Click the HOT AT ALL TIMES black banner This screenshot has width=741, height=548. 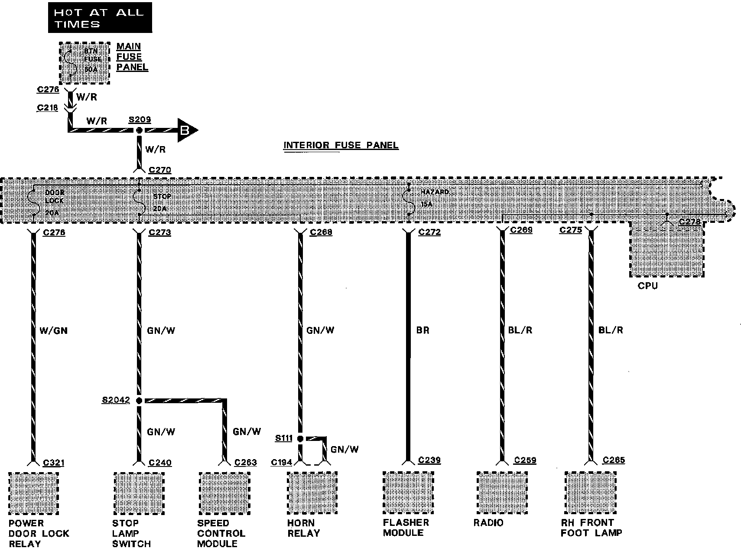pos(100,17)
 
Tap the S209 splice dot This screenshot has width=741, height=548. pos(139,130)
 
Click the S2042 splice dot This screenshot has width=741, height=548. pos(139,401)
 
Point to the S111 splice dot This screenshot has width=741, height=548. pos(300,439)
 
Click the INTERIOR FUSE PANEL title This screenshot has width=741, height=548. pos(341,145)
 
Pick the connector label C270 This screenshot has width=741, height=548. pos(159,170)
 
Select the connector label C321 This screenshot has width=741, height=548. pos(53,463)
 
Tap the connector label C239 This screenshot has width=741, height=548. pos(429,460)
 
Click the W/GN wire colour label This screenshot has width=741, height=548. pos(53,331)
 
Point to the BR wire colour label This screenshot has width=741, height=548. pos(422,330)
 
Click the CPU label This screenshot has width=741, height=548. pos(647,286)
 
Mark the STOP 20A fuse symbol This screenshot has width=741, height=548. pos(139,201)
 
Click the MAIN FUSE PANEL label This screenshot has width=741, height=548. pos(132,57)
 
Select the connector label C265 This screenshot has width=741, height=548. pos(614,460)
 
